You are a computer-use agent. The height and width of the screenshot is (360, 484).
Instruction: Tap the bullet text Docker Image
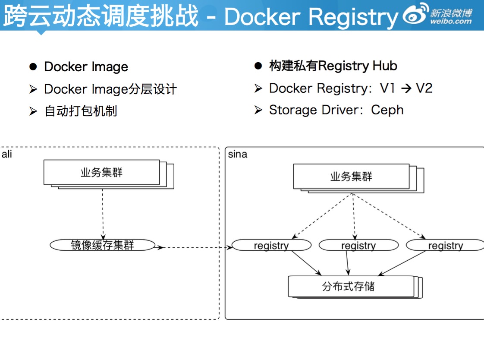point(86,67)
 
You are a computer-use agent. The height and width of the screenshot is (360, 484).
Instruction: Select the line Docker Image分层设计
point(110,89)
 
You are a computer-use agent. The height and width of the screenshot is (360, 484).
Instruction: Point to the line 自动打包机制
point(81,111)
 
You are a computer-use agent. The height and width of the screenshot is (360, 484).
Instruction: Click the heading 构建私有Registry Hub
point(333,66)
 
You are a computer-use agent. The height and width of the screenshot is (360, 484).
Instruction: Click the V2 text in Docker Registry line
point(424,88)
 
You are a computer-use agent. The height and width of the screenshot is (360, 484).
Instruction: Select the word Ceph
point(387,110)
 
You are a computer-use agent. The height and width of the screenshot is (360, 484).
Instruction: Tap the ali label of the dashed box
point(7,154)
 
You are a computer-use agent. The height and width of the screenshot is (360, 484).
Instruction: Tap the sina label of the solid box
point(237,154)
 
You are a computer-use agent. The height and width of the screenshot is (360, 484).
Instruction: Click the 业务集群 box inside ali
point(102,173)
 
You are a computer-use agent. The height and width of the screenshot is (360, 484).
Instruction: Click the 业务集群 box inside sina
point(351,177)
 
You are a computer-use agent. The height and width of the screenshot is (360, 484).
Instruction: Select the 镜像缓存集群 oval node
point(102,245)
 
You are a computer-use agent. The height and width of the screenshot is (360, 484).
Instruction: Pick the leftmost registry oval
point(271,246)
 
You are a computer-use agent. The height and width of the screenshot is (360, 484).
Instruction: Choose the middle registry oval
point(358,246)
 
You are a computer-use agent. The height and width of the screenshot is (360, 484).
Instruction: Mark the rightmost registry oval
point(445,246)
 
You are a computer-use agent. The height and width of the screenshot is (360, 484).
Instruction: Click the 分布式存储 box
point(351,286)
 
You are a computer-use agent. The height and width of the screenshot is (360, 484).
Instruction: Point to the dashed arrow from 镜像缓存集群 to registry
point(194,247)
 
